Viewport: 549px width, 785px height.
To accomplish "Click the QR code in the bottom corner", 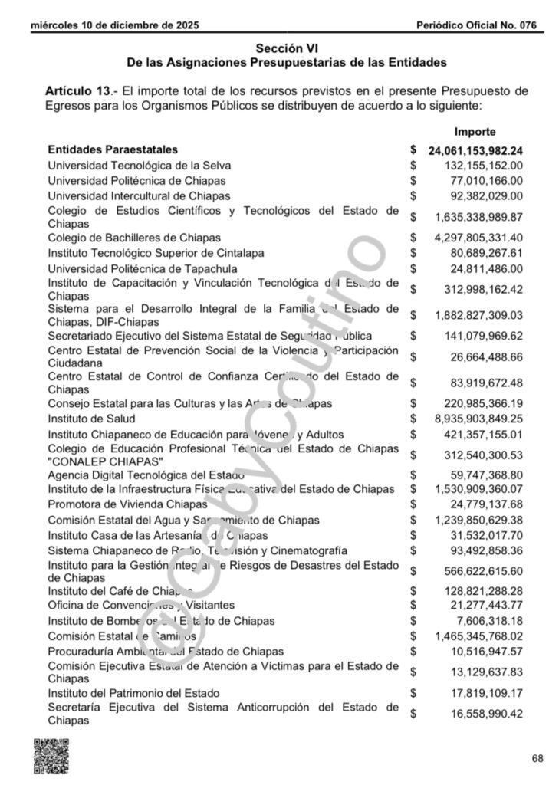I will (51, 755).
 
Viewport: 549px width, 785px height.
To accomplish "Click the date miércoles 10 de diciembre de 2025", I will (115, 25).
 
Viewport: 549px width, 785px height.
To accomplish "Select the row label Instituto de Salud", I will (91, 419).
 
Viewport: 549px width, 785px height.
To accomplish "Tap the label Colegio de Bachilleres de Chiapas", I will (134, 238).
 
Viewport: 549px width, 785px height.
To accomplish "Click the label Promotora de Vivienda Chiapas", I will (129, 504).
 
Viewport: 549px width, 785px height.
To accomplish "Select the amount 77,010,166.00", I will (484, 180).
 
